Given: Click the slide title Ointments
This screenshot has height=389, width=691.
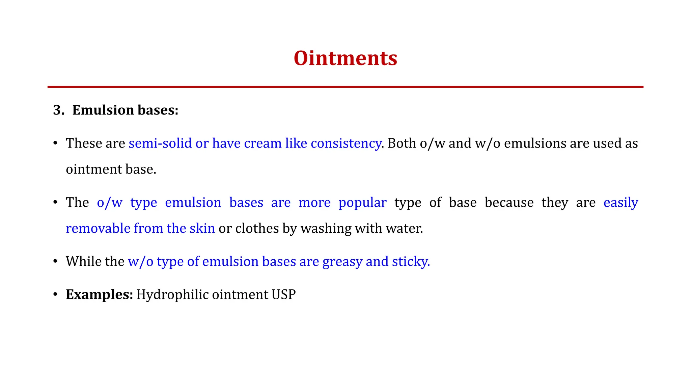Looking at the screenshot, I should [x=345, y=58].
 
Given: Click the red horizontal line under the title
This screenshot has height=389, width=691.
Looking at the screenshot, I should [x=345, y=87].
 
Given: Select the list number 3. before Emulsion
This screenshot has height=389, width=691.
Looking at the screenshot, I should [x=59, y=110].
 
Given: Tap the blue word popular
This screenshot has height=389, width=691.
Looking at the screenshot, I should [x=362, y=203].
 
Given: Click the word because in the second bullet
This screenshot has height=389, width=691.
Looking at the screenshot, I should [x=509, y=203].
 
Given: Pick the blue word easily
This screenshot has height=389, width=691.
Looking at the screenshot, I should [x=620, y=203].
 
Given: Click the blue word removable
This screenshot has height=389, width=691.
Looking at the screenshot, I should [x=98, y=229].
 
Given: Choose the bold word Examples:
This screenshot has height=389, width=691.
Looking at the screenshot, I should [x=100, y=295].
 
